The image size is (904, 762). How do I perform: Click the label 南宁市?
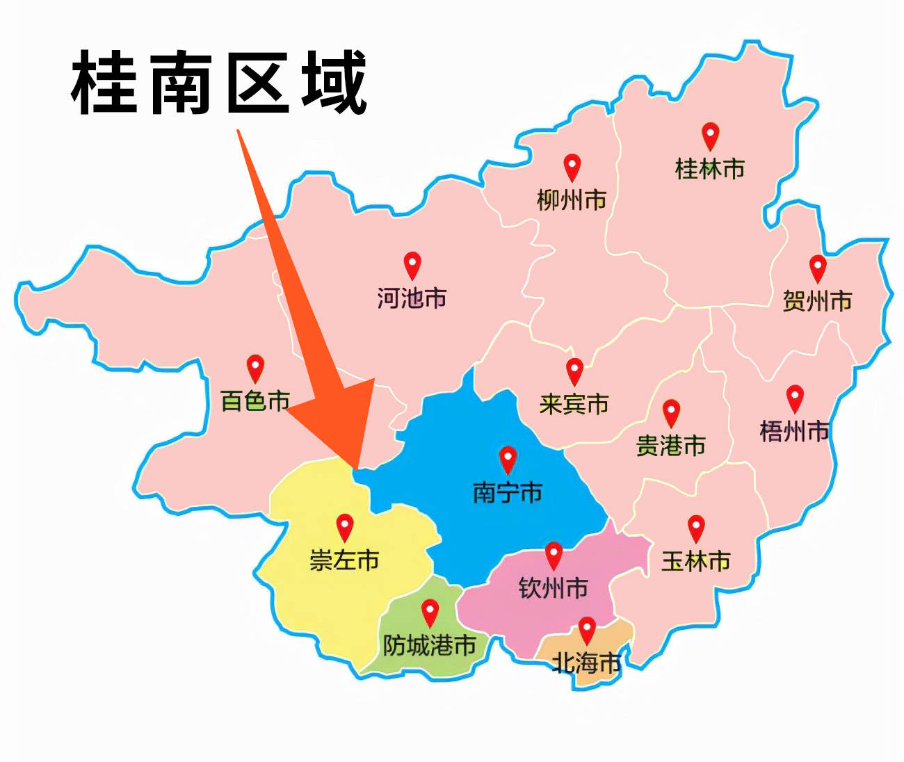coord(508,493)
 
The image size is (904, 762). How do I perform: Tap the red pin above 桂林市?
coord(710,136)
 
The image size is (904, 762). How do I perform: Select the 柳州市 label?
coord(572,200)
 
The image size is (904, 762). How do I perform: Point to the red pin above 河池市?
coord(412,266)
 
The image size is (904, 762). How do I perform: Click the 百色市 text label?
coord(255,401)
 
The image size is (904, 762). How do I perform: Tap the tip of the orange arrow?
coord(356,469)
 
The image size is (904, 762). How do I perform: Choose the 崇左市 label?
coord(344,560)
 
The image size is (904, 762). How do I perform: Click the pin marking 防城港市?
coord(430,613)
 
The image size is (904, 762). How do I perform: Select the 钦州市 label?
coord(554,588)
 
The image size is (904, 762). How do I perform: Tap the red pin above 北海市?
coord(587,630)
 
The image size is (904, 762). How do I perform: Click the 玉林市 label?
coord(696,561)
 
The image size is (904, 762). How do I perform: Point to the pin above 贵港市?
coord(671,413)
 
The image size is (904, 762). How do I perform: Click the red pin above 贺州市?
coord(818,268)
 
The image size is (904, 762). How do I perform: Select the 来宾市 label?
coord(574,404)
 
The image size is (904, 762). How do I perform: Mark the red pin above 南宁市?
coord(508,460)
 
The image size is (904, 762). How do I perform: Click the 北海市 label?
coord(586,663)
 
